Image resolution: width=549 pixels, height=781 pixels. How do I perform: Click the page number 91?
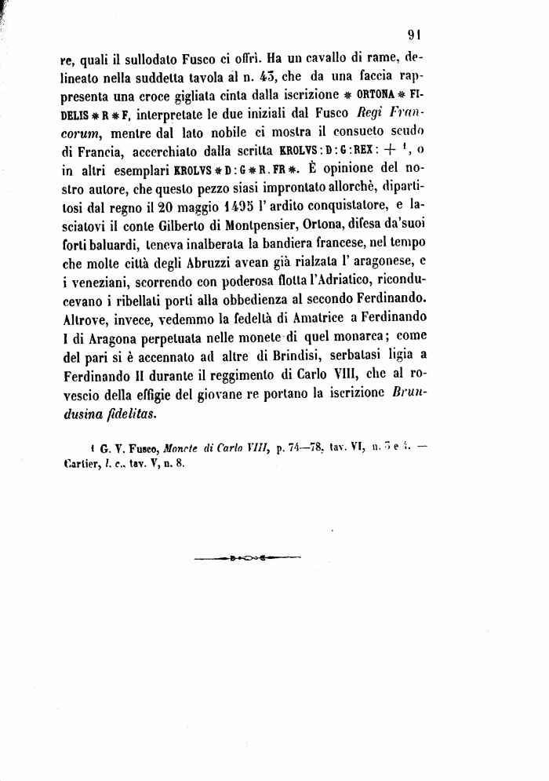click(416, 34)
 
